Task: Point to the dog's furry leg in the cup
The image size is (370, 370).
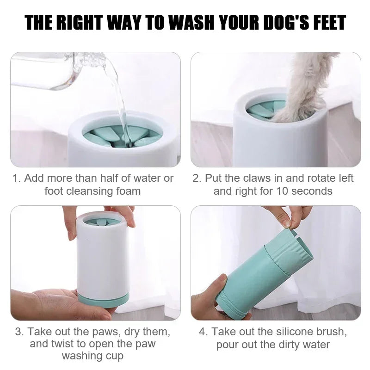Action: tap(308, 88)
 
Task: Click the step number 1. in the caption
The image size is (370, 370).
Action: tap(17, 178)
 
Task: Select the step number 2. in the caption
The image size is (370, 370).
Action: tap(197, 178)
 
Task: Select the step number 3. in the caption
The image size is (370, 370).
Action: tap(19, 332)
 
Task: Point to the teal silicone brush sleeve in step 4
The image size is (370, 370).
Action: tap(259, 273)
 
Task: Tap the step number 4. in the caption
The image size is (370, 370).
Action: tap(204, 332)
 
